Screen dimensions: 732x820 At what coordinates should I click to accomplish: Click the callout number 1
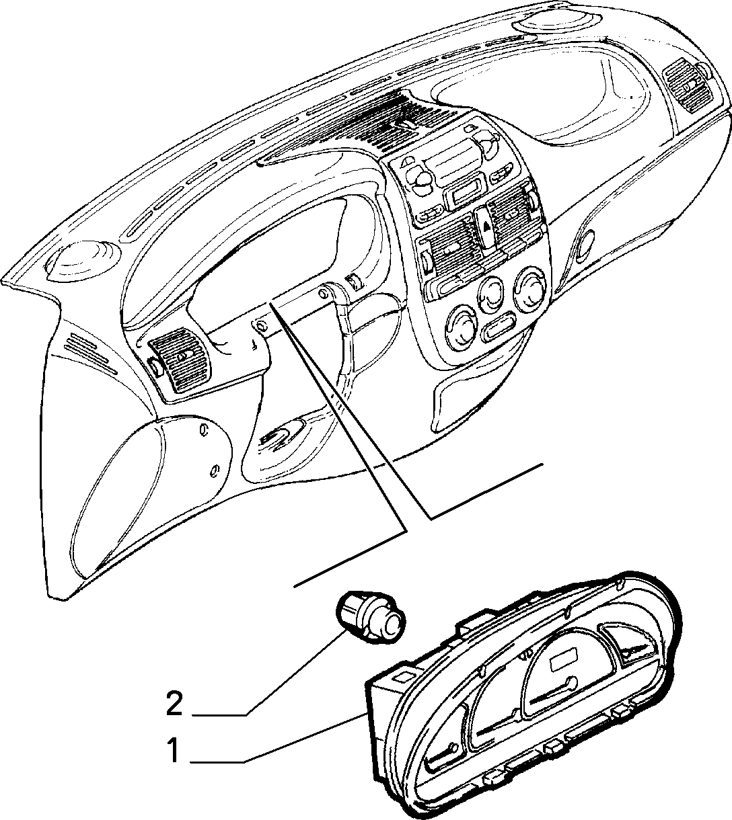pos(174,751)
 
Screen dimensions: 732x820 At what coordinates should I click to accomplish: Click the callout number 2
pos(175,704)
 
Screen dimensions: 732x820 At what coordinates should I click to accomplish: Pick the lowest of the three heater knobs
pos(462,325)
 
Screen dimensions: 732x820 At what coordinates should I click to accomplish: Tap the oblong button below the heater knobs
pos(499,327)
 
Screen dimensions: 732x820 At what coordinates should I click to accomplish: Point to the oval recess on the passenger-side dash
pos(587,245)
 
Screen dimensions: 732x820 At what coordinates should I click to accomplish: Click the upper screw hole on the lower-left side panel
pos(205,430)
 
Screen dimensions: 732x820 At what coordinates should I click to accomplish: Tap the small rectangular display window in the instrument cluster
pos(564,663)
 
